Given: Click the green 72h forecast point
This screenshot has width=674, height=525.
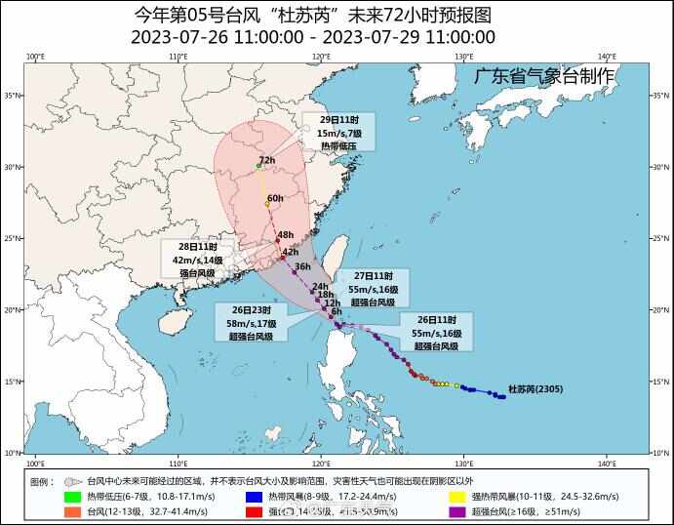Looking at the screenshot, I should point(258,167).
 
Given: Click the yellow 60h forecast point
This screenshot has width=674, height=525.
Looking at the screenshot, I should point(267,204).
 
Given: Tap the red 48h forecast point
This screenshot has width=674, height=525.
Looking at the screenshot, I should point(277,241).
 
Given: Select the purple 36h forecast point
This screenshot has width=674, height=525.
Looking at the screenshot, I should point(294,271).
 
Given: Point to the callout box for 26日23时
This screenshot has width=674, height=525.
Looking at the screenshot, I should point(253,323).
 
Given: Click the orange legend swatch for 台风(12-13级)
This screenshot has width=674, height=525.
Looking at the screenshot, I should point(72,511).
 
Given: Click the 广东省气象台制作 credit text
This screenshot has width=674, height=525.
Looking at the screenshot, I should point(544,75).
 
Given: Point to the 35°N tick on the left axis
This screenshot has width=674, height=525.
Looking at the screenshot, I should point(13,96).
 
